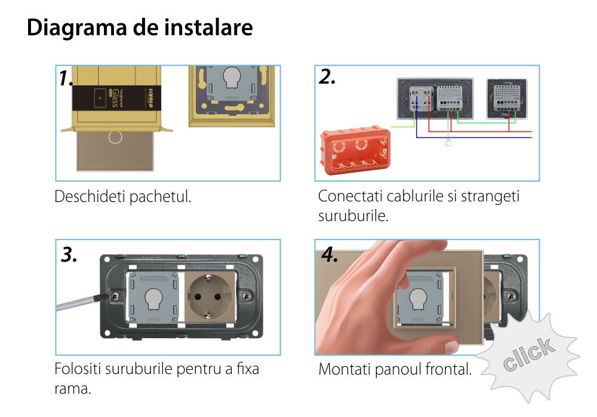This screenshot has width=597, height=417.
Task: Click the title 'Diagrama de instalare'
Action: coord(140,28)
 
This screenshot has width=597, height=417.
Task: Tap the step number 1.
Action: coord(66,78)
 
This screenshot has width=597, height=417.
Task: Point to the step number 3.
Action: coord(69,255)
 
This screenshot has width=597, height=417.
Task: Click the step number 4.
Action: coord(330,255)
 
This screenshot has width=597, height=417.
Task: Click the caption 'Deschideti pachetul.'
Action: coord(123,197)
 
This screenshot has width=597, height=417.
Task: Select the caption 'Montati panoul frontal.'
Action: coord(395,369)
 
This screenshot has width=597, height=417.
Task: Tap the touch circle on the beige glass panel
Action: coord(115,137)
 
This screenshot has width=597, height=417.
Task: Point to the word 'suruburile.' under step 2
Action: coord(353,215)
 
